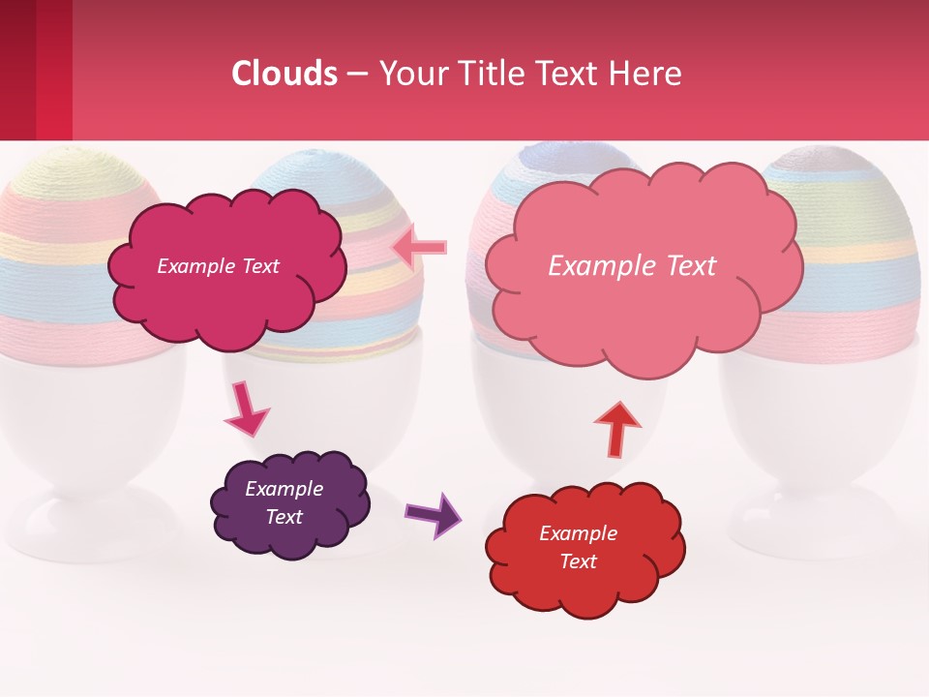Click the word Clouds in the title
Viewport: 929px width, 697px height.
(285, 74)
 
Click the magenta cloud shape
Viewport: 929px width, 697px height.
(227, 290)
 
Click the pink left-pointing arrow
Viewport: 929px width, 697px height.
(421, 248)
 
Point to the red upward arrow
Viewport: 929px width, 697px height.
(616, 428)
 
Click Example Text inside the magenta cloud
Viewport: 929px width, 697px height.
(218, 266)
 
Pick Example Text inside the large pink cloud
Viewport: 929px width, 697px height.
(632, 266)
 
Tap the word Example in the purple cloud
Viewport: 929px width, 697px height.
(284, 489)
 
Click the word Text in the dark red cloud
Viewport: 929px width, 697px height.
(578, 561)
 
